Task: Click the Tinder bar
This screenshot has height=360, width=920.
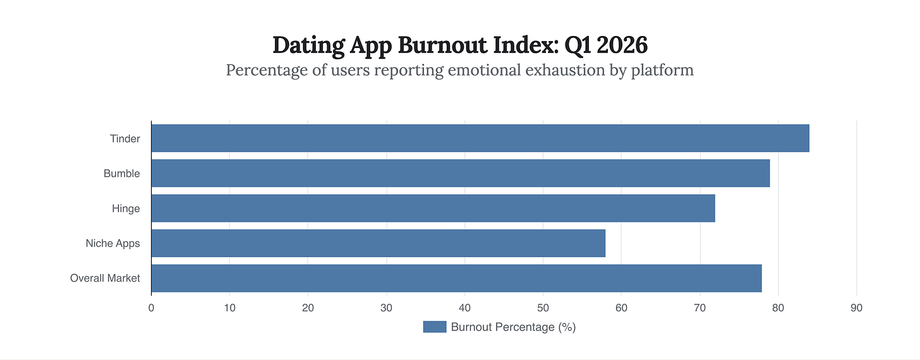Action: click(480, 138)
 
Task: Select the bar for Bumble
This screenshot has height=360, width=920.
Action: click(460, 173)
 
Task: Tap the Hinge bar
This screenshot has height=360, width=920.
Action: click(433, 208)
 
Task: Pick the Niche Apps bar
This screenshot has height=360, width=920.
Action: click(378, 243)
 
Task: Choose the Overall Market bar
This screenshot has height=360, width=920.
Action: click(456, 278)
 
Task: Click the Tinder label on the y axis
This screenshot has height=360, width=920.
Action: click(124, 138)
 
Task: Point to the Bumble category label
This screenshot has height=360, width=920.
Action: click(122, 173)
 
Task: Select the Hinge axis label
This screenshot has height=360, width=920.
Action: click(126, 208)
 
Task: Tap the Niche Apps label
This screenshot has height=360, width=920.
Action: click(112, 243)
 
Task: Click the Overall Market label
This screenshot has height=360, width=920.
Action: click(105, 278)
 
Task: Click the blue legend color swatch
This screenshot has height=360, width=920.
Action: click(434, 327)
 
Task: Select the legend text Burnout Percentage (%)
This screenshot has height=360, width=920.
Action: click(513, 327)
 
